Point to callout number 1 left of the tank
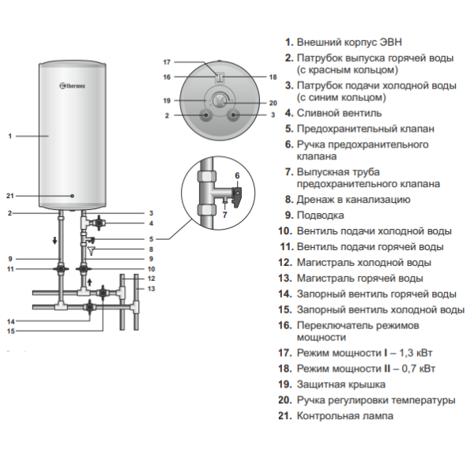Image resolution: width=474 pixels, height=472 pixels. (10, 137)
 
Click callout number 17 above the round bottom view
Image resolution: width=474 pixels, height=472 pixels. (167, 62)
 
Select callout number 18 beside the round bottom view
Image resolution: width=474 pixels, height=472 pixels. (273, 77)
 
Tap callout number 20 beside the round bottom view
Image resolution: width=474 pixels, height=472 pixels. (273, 103)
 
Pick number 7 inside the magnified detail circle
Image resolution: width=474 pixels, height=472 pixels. (224, 214)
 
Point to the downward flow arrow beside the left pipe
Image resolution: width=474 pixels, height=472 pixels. (55, 242)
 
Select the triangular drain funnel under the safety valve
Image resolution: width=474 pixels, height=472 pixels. (92, 252)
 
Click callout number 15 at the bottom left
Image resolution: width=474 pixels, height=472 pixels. (11, 332)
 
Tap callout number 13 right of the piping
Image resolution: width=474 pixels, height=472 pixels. (151, 290)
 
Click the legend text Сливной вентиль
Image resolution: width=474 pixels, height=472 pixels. (330, 113)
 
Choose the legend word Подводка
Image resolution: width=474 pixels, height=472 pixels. (320, 215)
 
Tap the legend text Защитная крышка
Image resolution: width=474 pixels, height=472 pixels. (340, 384)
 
